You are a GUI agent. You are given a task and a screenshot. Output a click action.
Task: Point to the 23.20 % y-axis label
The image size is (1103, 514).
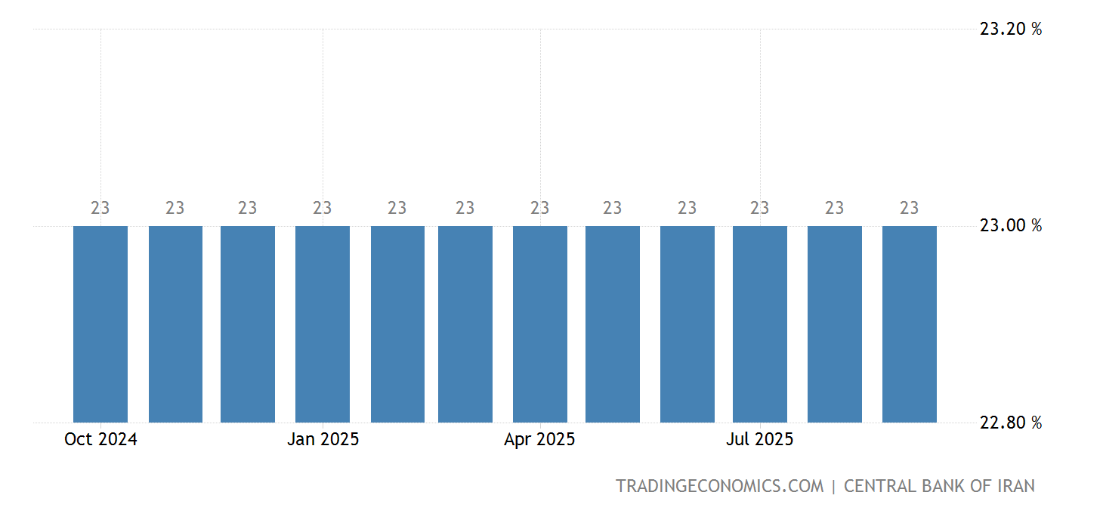pyautogui.click(x=1010, y=29)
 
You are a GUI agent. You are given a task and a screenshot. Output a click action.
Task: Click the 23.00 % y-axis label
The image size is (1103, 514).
pyautogui.click(x=1010, y=226)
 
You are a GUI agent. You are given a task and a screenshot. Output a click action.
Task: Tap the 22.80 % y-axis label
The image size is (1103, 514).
pyautogui.click(x=1010, y=423)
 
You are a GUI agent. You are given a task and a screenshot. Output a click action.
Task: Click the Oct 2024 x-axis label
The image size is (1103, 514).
pyautogui.click(x=100, y=440)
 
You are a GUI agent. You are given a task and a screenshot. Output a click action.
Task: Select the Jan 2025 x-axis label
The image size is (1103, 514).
pyautogui.click(x=323, y=440)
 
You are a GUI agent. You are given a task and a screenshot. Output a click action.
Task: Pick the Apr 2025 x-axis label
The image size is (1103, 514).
pyautogui.click(x=539, y=440)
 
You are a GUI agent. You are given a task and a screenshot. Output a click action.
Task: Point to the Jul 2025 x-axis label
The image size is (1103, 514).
pyautogui.click(x=759, y=440)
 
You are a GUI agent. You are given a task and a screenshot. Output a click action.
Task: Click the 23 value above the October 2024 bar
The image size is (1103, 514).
pyautogui.click(x=100, y=208)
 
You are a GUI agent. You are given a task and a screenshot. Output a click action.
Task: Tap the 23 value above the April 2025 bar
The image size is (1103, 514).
pyautogui.click(x=540, y=208)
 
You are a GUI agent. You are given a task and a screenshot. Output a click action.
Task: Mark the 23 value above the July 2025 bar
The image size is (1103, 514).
pyautogui.click(x=760, y=208)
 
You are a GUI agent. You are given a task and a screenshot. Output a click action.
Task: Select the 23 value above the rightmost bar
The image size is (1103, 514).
pyautogui.click(x=910, y=208)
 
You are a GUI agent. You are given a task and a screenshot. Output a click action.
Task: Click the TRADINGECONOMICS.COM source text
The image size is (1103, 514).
pyautogui.click(x=719, y=486)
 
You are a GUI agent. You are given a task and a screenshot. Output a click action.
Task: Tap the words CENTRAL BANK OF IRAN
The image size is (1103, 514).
pyautogui.click(x=939, y=486)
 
